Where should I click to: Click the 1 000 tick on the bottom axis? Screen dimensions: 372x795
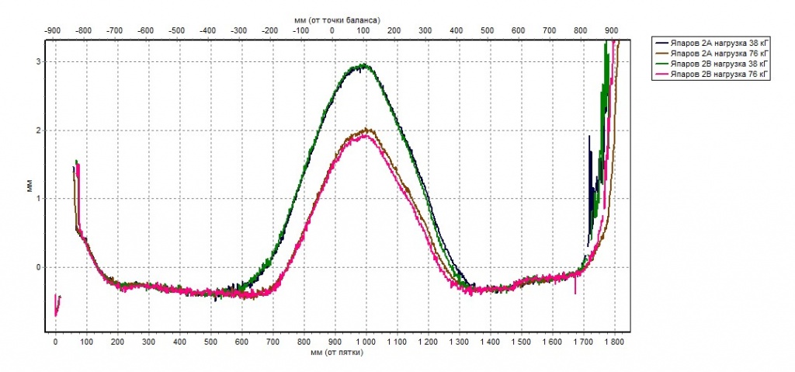(x=365, y=341)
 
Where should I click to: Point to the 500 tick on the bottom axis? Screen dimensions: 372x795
(x=210, y=341)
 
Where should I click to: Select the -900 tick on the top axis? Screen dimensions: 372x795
(x=52, y=30)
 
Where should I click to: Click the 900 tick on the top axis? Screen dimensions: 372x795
(x=612, y=30)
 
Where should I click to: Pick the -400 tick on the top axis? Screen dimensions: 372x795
(x=207, y=30)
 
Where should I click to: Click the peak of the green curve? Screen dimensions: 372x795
(x=363, y=65)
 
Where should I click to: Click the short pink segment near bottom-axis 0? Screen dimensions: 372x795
(x=57, y=304)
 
